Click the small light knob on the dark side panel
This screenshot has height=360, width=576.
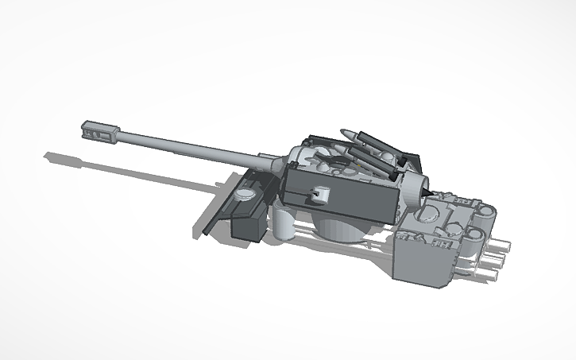319,192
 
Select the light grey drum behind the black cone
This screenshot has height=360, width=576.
412,189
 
